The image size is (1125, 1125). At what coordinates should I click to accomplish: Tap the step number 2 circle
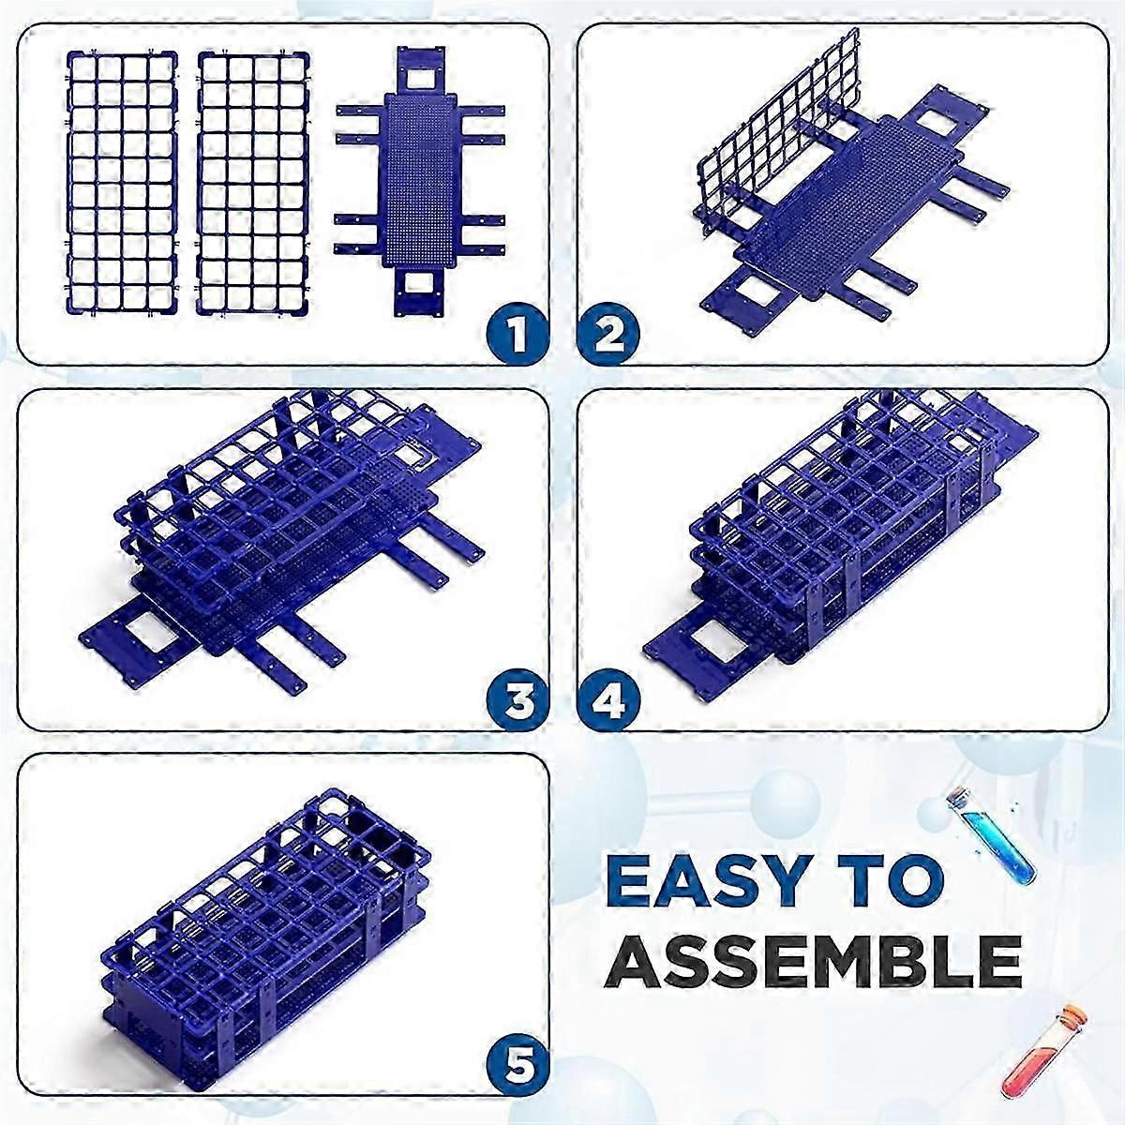tap(608, 335)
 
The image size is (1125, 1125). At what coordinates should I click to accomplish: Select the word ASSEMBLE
tap(811, 958)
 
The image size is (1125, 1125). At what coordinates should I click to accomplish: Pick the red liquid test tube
tap(1040, 1050)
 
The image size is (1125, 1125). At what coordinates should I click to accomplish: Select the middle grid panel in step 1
tap(254, 183)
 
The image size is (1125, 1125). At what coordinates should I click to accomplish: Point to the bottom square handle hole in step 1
tap(420, 282)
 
